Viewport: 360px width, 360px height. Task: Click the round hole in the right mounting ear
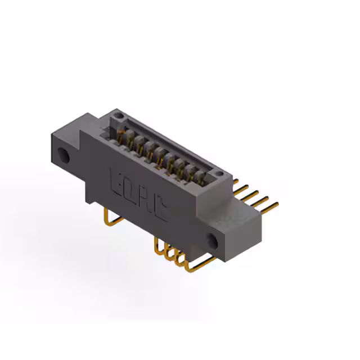click(x=212, y=241)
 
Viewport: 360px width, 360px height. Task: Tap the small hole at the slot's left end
click(x=118, y=116)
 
